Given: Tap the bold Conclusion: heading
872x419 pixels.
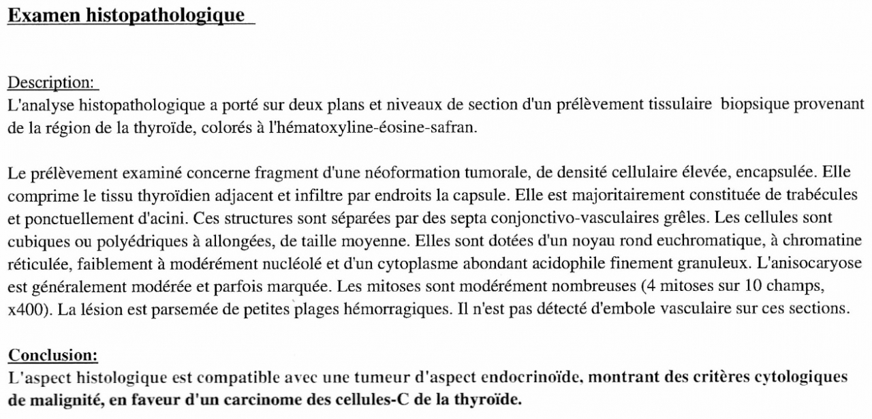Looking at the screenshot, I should click(x=52, y=355).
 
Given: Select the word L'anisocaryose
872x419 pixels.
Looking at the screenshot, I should click(x=805, y=264).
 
